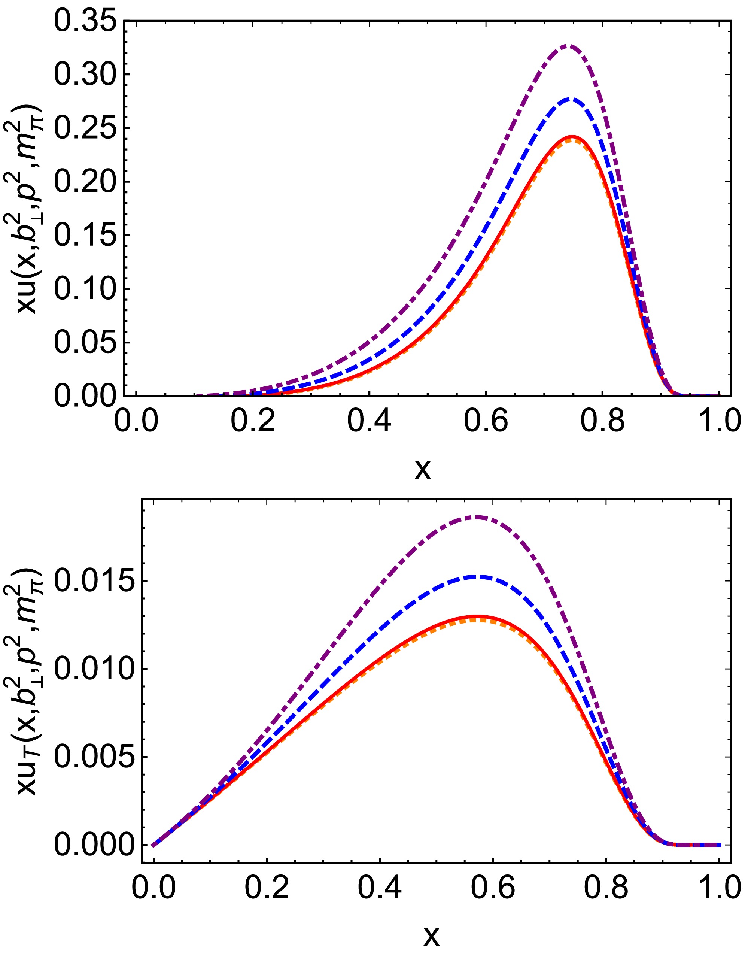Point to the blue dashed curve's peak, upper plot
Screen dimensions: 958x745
[569, 99]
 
